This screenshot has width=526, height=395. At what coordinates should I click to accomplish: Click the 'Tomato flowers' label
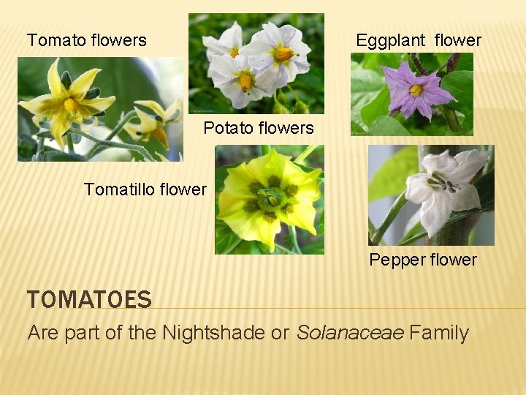tap(86, 40)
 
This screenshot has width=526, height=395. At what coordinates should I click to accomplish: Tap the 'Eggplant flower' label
tap(418, 40)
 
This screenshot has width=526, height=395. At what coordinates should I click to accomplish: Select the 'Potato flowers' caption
tap(259, 128)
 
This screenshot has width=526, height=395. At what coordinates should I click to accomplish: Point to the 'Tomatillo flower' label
tap(145, 189)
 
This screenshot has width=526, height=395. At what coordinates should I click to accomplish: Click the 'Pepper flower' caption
tap(423, 260)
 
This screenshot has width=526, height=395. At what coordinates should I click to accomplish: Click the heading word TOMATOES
tap(89, 299)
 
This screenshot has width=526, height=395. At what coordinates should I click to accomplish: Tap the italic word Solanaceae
tap(350, 333)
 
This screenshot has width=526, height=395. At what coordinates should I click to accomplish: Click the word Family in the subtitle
tap(439, 333)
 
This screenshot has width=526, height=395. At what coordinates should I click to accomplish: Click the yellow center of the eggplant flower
tap(416, 91)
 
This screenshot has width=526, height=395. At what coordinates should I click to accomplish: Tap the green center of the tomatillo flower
tap(270, 197)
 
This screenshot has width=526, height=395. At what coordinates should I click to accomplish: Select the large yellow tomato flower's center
tap(71, 105)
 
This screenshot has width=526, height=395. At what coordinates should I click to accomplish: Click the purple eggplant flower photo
tap(412, 94)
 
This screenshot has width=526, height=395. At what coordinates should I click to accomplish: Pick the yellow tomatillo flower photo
tap(269, 199)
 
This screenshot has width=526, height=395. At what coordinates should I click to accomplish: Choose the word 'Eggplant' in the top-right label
tap(392, 40)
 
